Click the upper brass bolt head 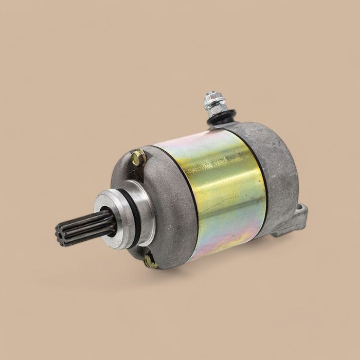click(x=137, y=158)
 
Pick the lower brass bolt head click(x=150, y=262)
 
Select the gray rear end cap click(x=280, y=170)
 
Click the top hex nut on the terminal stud click(x=210, y=98)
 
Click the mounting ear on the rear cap click(x=293, y=221)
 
